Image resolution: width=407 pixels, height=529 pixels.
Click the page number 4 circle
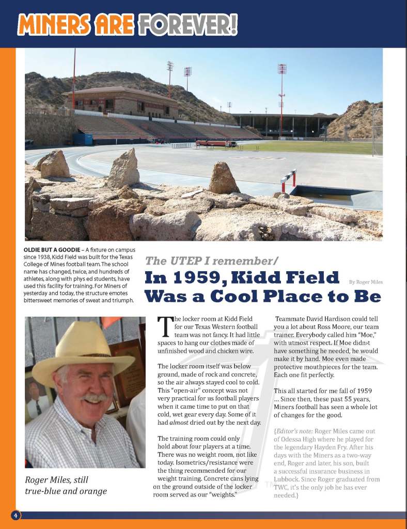point(16,516)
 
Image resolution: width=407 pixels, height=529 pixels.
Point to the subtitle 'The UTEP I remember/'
point(212,261)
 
